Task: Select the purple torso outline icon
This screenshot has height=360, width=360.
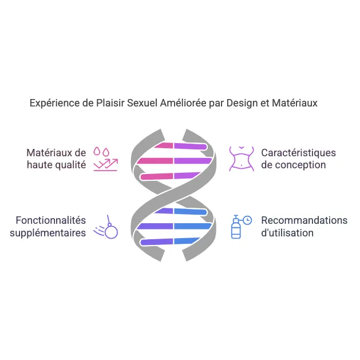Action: click(x=242, y=159)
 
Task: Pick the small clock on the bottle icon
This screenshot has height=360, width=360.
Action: click(x=247, y=220)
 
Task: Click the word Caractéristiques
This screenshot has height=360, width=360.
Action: click(x=298, y=153)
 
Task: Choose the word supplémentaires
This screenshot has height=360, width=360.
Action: click(x=48, y=232)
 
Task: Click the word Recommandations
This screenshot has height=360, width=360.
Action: click(x=304, y=220)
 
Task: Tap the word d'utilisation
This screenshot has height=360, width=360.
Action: click(x=287, y=232)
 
